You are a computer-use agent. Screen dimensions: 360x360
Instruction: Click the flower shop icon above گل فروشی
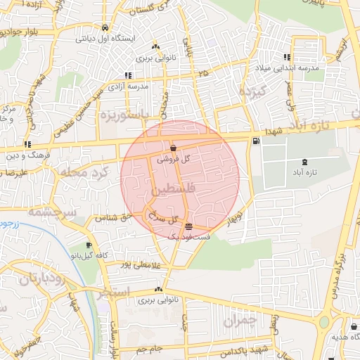173,148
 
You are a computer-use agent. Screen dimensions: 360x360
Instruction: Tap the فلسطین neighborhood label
169,190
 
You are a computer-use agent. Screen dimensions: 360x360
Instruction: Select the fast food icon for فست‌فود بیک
188,226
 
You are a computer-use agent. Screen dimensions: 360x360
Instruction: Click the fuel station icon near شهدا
255,141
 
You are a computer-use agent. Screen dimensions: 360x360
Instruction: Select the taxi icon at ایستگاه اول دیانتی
105,27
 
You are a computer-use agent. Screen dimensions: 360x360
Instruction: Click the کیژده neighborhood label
254,91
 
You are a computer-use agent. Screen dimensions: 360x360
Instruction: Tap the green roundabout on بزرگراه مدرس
324,322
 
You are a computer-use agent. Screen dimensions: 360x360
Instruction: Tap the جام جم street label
149,348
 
